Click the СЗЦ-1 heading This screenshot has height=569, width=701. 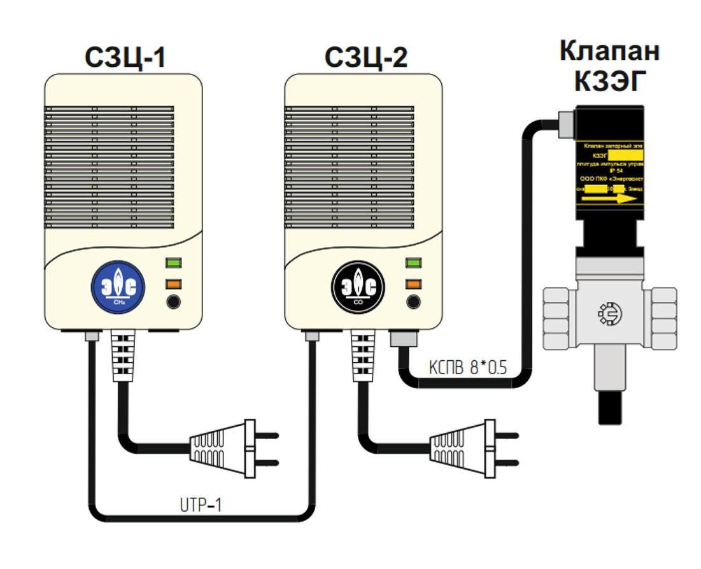(x=125, y=58)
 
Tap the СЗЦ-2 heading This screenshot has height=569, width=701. (x=366, y=58)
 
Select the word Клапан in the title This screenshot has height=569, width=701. (x=609, y=52)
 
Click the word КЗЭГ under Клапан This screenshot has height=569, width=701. (x=610, y=81)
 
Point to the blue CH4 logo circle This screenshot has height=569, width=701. (x=118, y=287)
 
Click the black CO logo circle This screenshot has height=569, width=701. (x=358, y=287)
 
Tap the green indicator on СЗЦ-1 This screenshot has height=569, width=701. (x=173, y=262)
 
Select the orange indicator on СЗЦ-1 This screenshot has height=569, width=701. (x=173, y=284)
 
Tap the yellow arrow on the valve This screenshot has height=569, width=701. (x=611, y=199)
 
